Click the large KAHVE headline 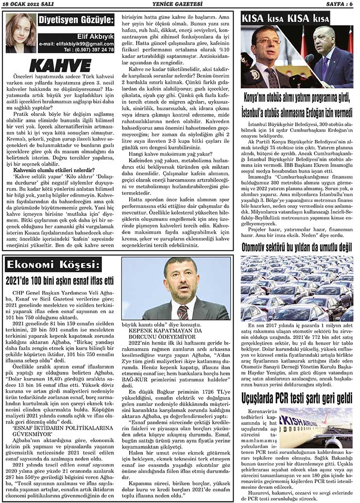point(60,66)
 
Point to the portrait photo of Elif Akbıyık point(21,33)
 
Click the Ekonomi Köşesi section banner point(53,265)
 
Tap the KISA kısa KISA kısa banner point(285,19)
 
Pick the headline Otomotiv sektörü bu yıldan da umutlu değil point(297,247)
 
